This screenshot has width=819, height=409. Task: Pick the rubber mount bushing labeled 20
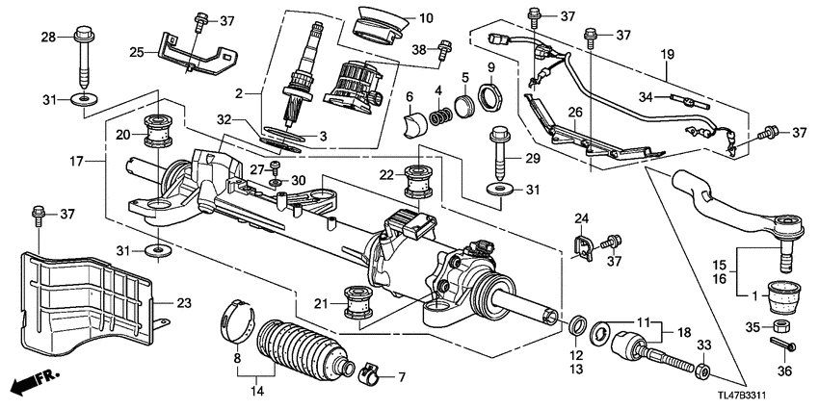pyautogui.click(x=157, y=130)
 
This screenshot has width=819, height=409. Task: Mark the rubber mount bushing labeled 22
pyautogui.click(x=420, y=180)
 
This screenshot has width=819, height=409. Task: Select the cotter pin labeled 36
pyautogui.click(x=781, y=345)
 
